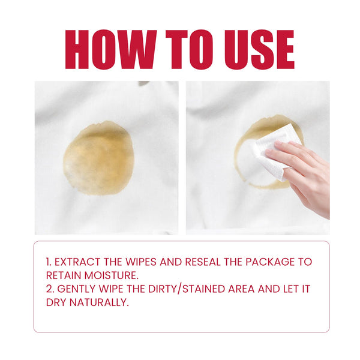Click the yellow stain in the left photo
[x=97, y=157]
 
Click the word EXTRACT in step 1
[x=80, y=262]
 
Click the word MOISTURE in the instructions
[x=109, y=275]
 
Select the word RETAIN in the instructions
[x=64, y=275]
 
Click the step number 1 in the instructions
[x=49, y=262]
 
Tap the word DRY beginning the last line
[x=56, y=302]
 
